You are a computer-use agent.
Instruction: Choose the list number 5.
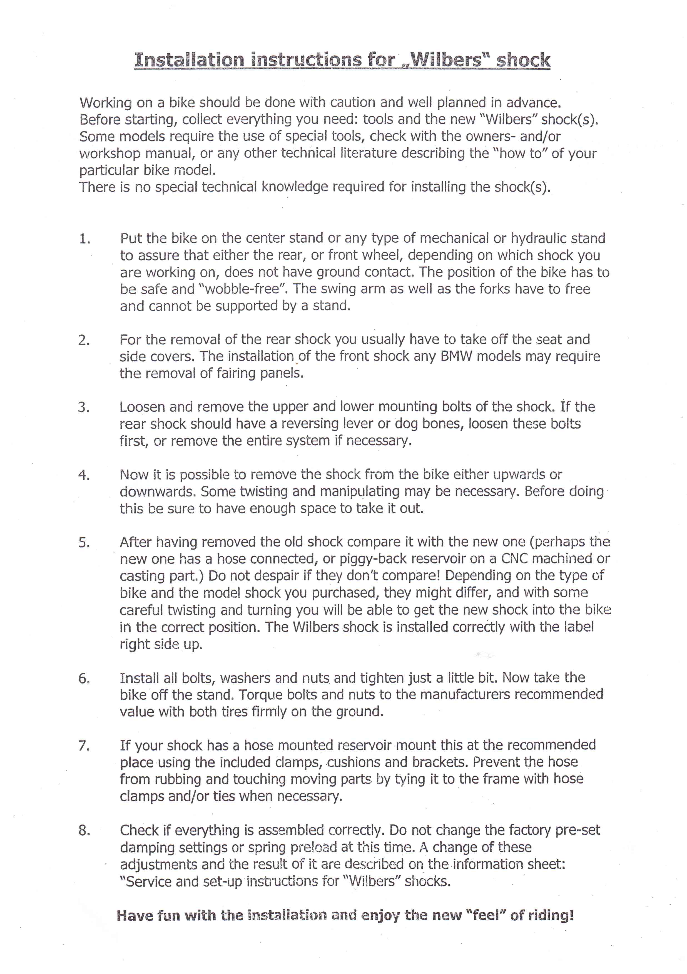84,543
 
